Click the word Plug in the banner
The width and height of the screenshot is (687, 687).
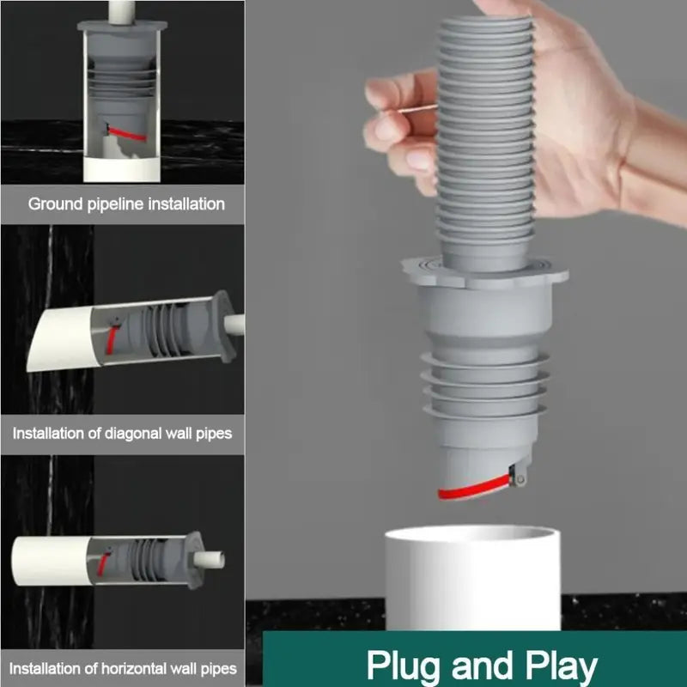[403, 666]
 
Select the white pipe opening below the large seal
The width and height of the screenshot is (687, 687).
[471, 538]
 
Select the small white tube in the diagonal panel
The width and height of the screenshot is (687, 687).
[234, 325]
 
